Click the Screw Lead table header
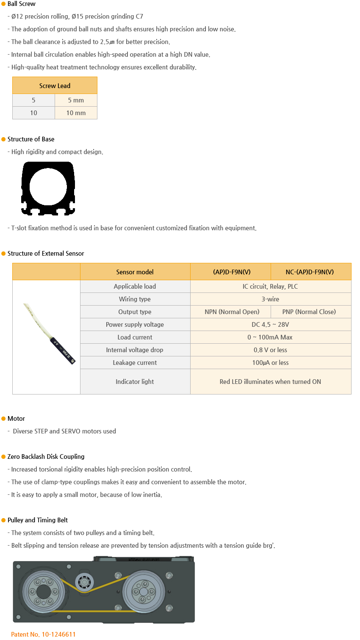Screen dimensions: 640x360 (55, 86)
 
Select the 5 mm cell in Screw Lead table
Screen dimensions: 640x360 (76, 100)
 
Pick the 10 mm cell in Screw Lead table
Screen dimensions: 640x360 (76, 113)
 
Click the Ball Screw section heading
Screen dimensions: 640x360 (21, 4)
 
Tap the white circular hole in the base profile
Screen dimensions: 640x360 (48, 186)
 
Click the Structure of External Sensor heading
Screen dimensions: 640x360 (46, 254)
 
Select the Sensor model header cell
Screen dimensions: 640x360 (135, 272)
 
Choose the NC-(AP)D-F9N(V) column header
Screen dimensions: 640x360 (310, 272)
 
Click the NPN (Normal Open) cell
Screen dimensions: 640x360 (232, 312)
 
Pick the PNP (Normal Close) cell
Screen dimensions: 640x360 (309, 312)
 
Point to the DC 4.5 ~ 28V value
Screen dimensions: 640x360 (270, 325)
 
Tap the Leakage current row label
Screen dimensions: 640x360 (135, 363)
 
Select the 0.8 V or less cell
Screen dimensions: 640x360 (270, 350)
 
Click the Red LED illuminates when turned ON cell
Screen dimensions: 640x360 (270, 382)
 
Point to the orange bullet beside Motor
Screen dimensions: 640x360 (3, 419)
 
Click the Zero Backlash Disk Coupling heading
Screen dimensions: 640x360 (46, 457)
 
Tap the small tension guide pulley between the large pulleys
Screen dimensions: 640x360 (84, 582)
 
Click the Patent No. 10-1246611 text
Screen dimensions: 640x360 (43, 634)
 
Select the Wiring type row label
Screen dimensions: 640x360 (135, 299)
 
